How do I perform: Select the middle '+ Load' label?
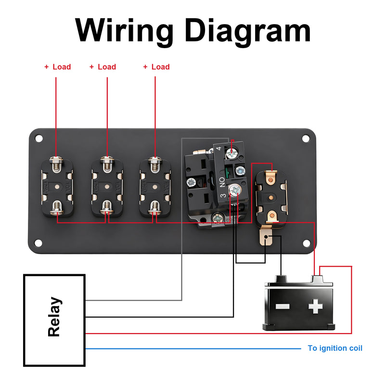pyautogui.click(x=103, y=67)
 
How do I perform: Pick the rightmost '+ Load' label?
pyautogui.click(x=156, y=67)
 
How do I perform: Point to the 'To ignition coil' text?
pyautogui.click(x=335, y=348)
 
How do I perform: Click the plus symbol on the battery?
pyautogui.click(x=315, y=306)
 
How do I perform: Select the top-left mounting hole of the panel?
pyautogui.click(x=38, y=139)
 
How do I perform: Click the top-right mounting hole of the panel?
pyautogui.click(x=306, y=139)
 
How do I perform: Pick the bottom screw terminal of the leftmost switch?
pyautogui.click(x=56, y=207)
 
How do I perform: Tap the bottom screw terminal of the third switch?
pyautogui.click(x=154, y=207)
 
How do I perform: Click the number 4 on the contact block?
pyautogui.click(x=219, y=149)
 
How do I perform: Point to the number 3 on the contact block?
pyautogui.click(x=223, y=196)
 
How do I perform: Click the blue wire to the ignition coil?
pyautogui.click(x=192, y=348)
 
